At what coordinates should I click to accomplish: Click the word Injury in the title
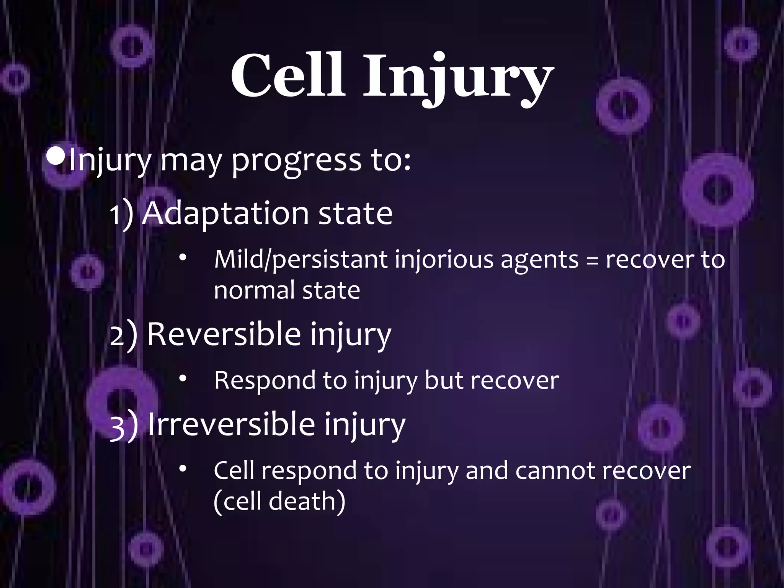(x=457, y=79)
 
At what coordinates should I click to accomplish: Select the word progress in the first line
(x=297, y=162)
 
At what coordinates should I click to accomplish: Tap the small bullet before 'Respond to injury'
(x=183, y=378)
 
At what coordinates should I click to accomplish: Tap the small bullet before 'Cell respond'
(x=183, y=468)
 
